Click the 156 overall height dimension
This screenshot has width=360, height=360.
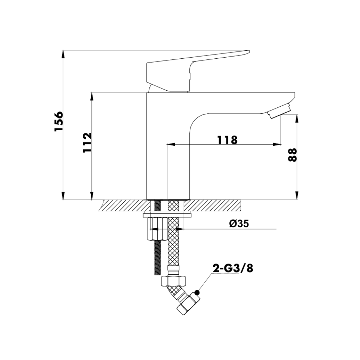tap(59, 121)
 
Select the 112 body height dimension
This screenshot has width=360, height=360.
tap(87, 143)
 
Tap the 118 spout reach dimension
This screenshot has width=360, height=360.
tap(227, 140)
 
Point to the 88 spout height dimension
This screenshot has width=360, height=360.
tap(292, 155)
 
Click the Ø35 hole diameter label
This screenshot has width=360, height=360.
tap(239, 224)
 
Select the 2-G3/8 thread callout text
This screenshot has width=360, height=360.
tap(233, 268)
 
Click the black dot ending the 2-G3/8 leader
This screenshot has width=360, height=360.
tap(197, 292)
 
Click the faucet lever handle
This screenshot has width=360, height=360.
tap(197, 71)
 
